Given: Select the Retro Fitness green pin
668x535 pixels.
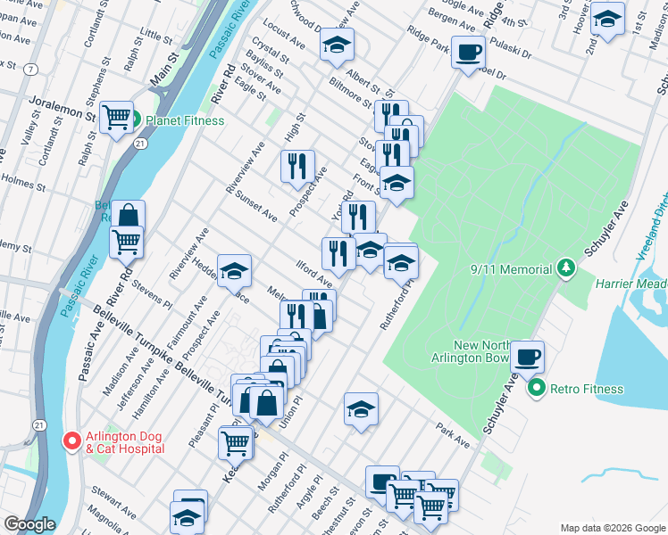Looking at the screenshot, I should pyautogui.click(x=536, y=389).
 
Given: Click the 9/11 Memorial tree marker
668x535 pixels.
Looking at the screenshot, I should pyautogui.click(x=564, y=267).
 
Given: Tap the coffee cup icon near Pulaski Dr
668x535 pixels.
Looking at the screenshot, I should pyautogui.click(x=468, y=51).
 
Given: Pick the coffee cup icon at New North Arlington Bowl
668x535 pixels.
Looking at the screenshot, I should pyautogui.click(x=528, y=355).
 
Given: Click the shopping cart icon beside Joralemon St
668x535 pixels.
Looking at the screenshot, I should pyautogui.click(x=116, y=116).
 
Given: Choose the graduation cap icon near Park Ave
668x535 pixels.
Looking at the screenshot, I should pyautogui.click(x=361, y=408).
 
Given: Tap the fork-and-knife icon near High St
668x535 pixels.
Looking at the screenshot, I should pyautogui.click(x=297, y=165).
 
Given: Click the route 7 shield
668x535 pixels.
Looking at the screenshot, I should pyautogui.click(x=31, y=69).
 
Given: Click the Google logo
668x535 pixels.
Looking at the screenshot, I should pyautogui.click(x=29, y=524).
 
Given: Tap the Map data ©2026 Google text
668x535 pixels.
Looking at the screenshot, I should pyautogui.click(x=612, y=528).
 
